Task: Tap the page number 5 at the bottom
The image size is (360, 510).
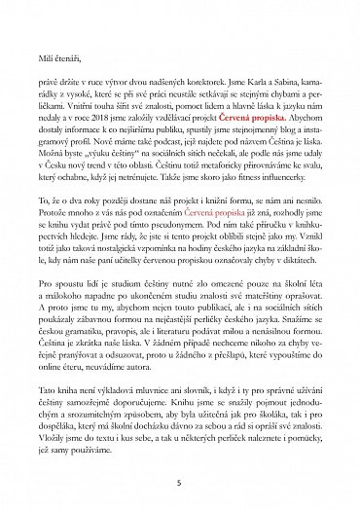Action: pyautogui.click(x=179, y=481)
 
